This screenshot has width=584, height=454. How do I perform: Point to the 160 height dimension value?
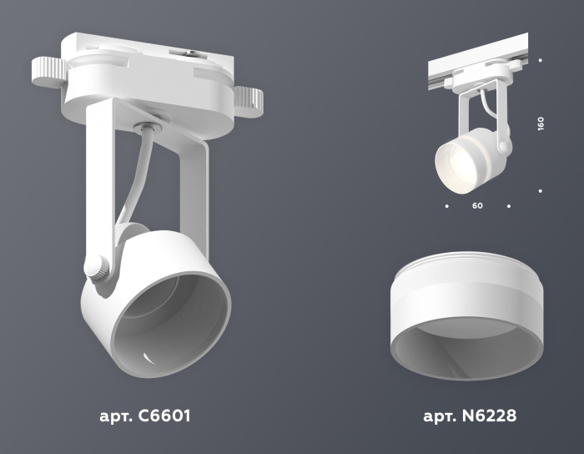point(541,124)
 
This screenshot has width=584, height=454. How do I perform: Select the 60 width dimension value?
point(476,204)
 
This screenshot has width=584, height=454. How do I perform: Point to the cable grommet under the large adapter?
point(145,127)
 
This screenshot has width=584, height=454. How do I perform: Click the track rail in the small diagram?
point(476,61)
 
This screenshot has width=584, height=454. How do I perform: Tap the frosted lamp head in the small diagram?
point(460,158)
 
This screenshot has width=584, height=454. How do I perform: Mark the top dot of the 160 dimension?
point(541,60)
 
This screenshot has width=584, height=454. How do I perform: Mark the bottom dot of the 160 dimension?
point(541,191)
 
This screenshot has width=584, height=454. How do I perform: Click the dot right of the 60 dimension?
point(509,204)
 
